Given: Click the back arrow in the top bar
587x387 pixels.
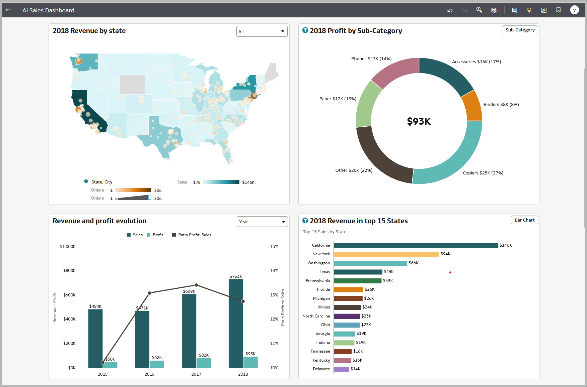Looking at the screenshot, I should point(8,10).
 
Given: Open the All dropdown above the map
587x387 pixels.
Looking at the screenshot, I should point(262,31).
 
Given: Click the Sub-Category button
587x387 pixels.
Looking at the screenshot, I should point(520,30).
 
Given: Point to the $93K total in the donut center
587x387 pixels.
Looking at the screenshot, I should point(419,121).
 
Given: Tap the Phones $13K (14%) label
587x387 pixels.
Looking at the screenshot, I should point(371,59).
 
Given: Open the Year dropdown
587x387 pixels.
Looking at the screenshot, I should point(262,222).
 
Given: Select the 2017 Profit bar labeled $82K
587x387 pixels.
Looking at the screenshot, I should point(204,363).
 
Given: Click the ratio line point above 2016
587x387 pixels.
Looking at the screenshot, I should point(150,293).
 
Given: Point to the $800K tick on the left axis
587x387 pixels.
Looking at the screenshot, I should point(69,271).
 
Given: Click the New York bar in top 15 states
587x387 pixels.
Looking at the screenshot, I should point(386,254).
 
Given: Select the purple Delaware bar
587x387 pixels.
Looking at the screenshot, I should point(341,369).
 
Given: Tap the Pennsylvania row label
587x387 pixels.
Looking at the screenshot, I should point(317,281).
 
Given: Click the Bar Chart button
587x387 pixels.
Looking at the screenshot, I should point(524,220).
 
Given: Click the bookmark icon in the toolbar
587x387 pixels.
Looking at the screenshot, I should point(558,10).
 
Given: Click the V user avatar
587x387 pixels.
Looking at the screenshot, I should point(574,10).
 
